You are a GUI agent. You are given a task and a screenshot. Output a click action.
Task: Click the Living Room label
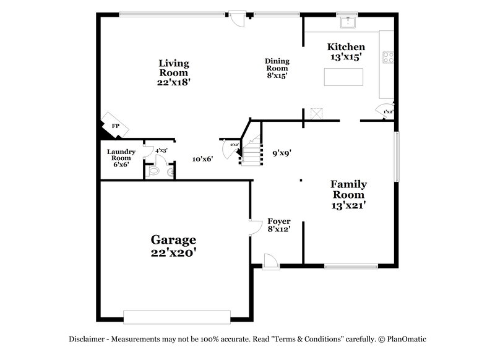pyautogui.click(x=173, y=72)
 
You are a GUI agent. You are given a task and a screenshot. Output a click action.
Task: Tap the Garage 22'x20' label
pyautogui.click(x=174, y=246)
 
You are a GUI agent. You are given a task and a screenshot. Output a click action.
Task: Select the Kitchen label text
pyautogui.click(x=346, y=51)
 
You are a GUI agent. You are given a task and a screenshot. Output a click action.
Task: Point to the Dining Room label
pyautogui.click(x=277, y=68)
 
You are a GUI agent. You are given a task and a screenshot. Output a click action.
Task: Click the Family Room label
pyautogui.click(x=348, y=194)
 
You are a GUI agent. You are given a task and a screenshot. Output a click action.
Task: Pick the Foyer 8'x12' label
pyautogui.click(x=278, y=225)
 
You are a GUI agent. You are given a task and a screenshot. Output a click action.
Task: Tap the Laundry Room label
pyautogui.click(x=121, y=158)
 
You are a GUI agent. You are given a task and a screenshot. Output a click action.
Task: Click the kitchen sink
pyautogui.click(x=348, y=23)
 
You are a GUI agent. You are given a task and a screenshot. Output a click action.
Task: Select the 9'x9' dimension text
pyautogui.click(x=282, y=153)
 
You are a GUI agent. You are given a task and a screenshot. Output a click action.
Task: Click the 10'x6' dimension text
pyautogui.click(x=202, y=159)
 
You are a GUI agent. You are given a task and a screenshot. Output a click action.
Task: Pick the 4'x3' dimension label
pyautogui.click(x=161, y=150)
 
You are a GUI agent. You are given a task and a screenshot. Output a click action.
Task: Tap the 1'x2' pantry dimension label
pyautogui.click(x=388, y=112)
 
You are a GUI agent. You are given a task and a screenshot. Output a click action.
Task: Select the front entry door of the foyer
pyautogui.click(x=270, y=262)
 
